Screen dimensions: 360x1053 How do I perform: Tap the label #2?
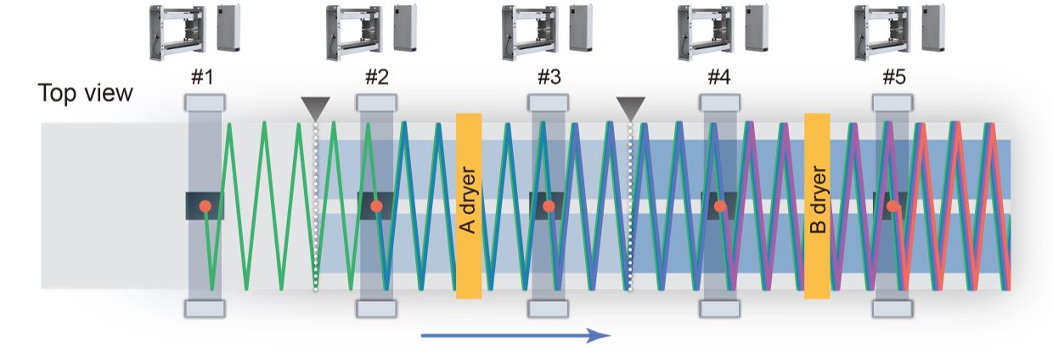(x=377, y=78)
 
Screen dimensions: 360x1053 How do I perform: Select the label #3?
(x=549, y=78)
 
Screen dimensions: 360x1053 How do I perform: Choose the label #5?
(x=893, y=78)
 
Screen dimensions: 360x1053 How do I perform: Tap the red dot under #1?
(x=205, y=206)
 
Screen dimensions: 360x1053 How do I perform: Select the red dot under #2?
(x=377, y=206)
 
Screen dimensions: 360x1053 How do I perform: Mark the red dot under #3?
(x=549, y=206)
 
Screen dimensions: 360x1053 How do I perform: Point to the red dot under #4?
(x=720, y=206)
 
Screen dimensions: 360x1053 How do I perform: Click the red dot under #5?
(x=893, y=206)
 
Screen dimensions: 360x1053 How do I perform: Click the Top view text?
(x=85, y=93)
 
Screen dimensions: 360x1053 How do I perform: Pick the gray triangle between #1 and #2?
(x=315, y=107)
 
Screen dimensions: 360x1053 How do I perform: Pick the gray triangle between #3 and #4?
(x=630, y=107)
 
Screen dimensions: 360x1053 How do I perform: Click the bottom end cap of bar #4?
(x=721, y=308)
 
